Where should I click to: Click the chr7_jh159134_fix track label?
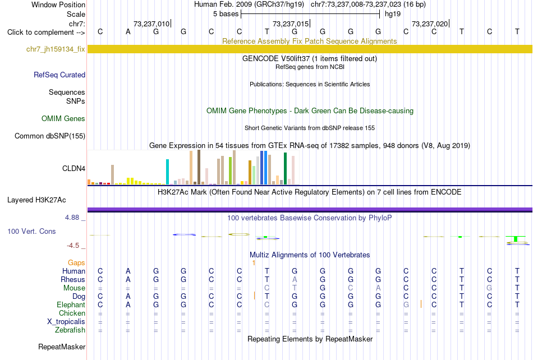[56, 49]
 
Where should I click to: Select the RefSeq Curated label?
[59, 75]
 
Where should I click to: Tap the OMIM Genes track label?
[63, 118]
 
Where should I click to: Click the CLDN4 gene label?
[73, 168]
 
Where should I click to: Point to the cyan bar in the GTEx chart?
[167, 172]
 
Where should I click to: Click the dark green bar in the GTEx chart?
[285, 169]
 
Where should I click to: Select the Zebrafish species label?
[70, 330]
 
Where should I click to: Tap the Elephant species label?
[71, 304]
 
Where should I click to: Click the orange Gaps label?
[76, 262]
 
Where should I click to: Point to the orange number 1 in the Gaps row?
[254, 263]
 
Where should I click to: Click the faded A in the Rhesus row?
[295, 279]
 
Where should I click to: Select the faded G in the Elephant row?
[406, 304]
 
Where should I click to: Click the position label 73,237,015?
[291, 24]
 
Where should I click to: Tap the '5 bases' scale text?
[226, 14]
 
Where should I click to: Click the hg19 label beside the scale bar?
[393, 14]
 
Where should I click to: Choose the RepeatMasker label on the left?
[62, 347]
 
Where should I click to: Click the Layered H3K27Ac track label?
[36, 200]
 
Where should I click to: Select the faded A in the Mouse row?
[378, 288]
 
